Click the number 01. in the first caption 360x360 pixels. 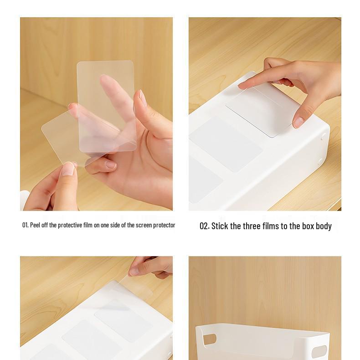click(25, 225)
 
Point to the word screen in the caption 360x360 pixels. click(144, 225)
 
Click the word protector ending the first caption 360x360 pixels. click(164, 225)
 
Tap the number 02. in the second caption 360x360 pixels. click(204, 226)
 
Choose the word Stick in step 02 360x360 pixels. click(220, 226)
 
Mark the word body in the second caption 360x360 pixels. click(324, 226)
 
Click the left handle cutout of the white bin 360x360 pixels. click(209, 339)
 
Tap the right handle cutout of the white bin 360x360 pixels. click(319, 352)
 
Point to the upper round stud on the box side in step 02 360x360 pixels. click(323, 137)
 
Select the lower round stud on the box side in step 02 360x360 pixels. click(320, 161)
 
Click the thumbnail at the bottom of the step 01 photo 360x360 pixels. click(68, 169)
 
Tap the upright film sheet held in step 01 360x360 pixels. click(106, 106)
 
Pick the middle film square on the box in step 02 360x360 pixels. click(226, 144)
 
